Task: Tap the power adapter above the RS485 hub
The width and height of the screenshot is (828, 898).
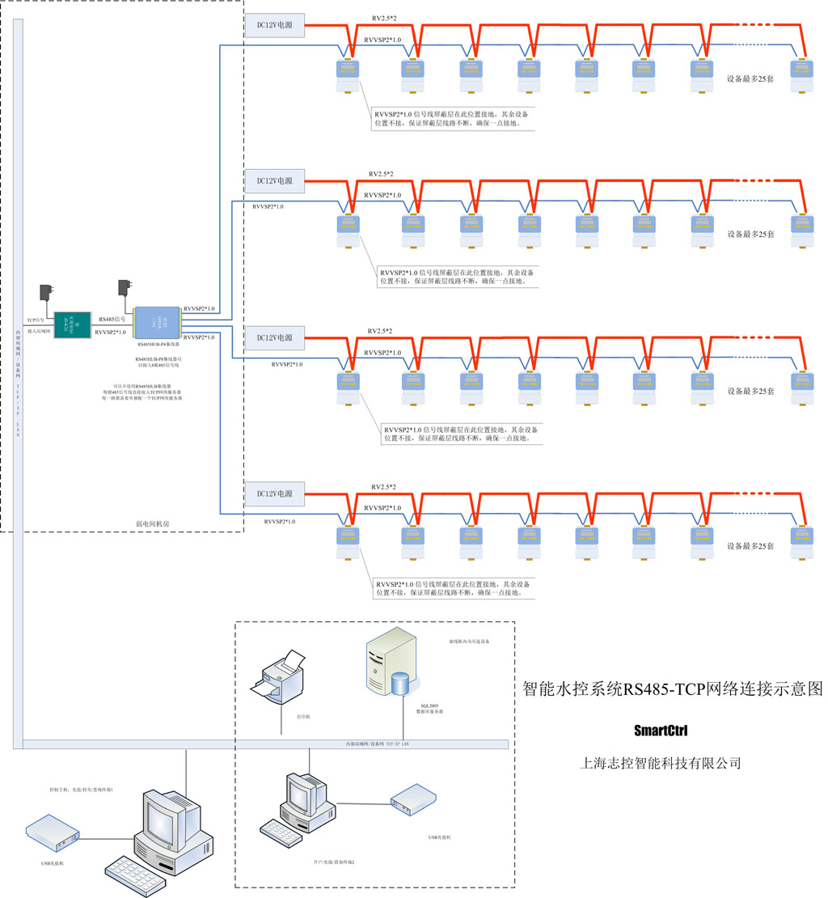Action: point(126,289)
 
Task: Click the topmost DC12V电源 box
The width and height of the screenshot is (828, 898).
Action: point(274,26)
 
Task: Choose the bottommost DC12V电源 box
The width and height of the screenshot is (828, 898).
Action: point(274,493)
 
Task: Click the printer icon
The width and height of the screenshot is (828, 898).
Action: point(282,678)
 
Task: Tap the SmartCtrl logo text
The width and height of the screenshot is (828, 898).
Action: point(660,731)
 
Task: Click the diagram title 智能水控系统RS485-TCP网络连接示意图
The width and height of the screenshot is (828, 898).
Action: point(672,689)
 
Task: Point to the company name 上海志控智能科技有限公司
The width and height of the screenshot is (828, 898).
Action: point(661,763)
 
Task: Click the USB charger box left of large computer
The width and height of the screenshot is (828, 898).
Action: point(53,834)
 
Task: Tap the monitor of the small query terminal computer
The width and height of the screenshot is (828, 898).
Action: point(308,791)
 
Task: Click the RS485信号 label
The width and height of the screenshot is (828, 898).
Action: point(112,320)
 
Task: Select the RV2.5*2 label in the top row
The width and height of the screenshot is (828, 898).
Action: point(385,18)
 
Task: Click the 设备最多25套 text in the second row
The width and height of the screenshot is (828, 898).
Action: point(750,234)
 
